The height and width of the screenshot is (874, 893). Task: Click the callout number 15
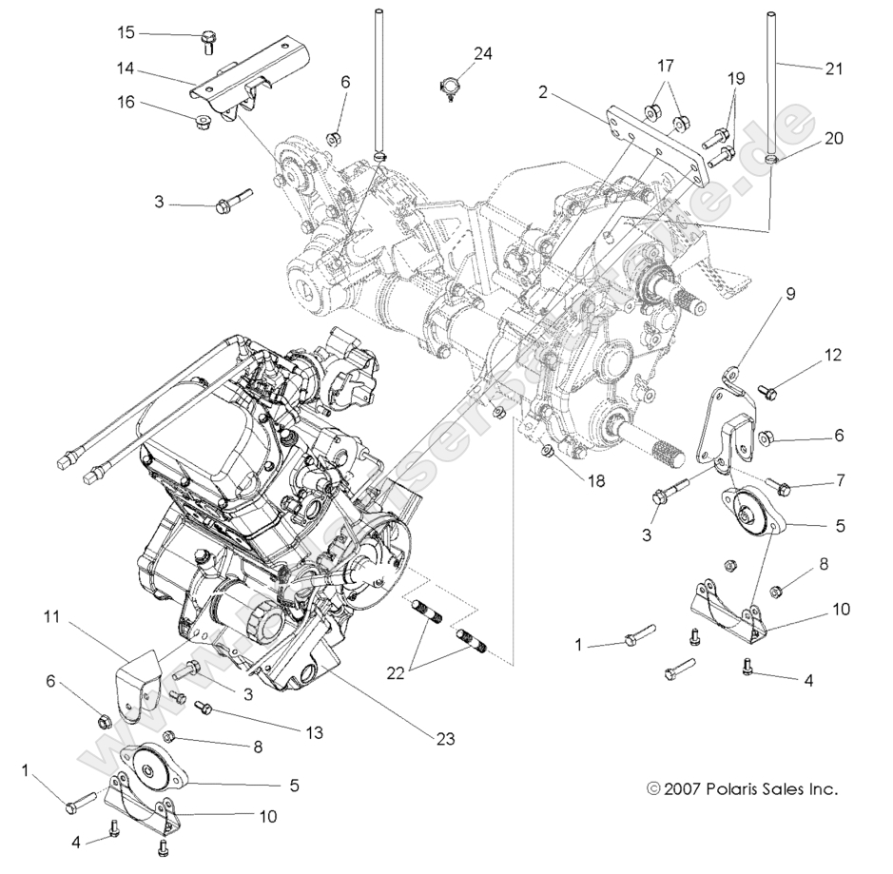point(126,33)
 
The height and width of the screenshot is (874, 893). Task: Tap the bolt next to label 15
point(206,39)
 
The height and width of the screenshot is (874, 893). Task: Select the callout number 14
point(126,68)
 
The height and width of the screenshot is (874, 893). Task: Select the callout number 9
point(789,294)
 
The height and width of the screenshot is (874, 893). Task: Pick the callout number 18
point(595,481)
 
